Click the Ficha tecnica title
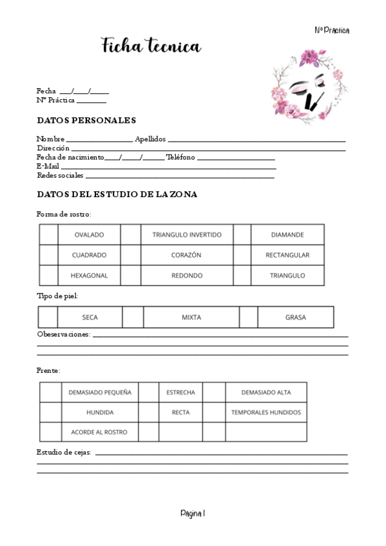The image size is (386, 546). [x=151, y=46]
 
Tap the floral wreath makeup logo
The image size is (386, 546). [x=307, y=84]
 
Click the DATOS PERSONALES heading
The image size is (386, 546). [x=86, y=120]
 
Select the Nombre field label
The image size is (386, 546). [x=51, y=139]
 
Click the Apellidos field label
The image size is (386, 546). [x=150, y=139]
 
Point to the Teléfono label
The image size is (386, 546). [x=180, y=157]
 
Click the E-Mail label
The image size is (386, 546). [x=48, y=166]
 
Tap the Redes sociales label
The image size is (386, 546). [x=60, y=175]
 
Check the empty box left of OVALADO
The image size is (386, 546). [x=48, y=234]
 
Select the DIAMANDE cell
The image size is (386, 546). [x=287, y=234]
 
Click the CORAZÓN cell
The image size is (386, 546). [x=186, y=255]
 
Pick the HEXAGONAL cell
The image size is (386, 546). [x=89, y=276]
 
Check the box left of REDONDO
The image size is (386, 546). [x=131, y=276]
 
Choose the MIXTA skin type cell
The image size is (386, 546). [x=191, y=317]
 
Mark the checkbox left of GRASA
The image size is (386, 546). [x=249, y=317]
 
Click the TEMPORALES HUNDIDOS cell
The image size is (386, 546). [x=266, y=412]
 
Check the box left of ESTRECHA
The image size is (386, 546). [x=149, y=392]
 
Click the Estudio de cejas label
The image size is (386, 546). [x=64, y=453]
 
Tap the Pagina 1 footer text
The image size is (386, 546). [x=193, y=513]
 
